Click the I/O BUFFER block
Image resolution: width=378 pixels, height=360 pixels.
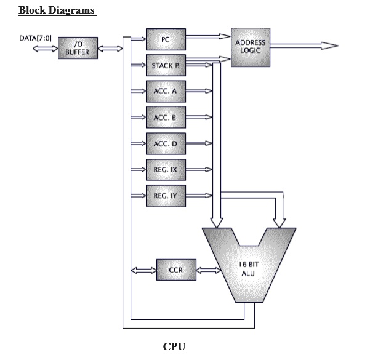click(x=78, y=48)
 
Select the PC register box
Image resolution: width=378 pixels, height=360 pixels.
click(x=164, y=39)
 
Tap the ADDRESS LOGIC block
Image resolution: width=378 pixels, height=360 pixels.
click(x=250, y=46)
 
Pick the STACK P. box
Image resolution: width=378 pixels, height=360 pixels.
click(x=164, y=65)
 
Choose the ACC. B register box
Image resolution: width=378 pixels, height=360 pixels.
click(x=164, y=116)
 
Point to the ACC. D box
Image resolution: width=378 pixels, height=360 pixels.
click(x=164, y=143)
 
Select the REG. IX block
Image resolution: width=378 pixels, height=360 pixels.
click(x=164, y=169)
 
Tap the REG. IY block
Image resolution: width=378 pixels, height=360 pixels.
click(x=164, y=195)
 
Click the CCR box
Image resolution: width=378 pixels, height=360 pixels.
click(x=175, y=270)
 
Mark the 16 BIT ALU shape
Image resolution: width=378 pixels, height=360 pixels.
click(x=246, y=268)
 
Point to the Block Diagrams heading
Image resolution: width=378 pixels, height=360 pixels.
click(x=57, y=10)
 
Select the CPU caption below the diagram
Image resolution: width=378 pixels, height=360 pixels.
click(x=174, y=346)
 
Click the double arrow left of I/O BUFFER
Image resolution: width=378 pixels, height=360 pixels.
click(x=45, y=49)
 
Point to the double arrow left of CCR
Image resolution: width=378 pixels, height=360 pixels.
click(x=143, y=270)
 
